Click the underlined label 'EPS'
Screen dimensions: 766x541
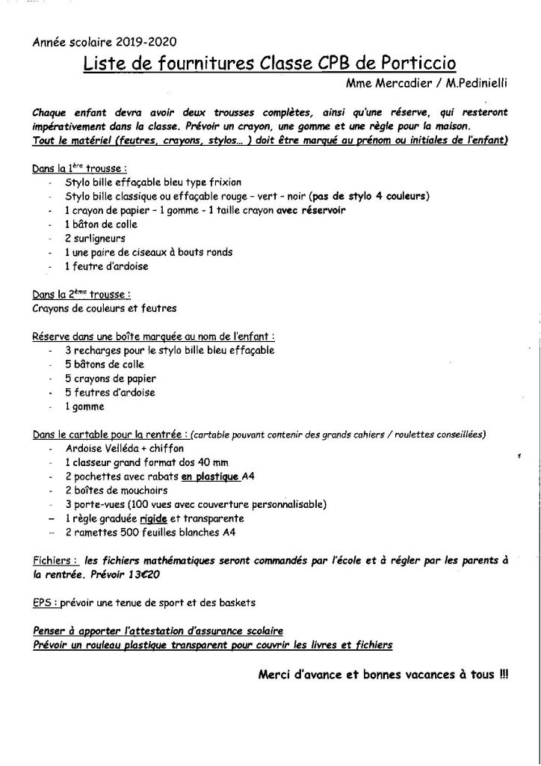43,601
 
